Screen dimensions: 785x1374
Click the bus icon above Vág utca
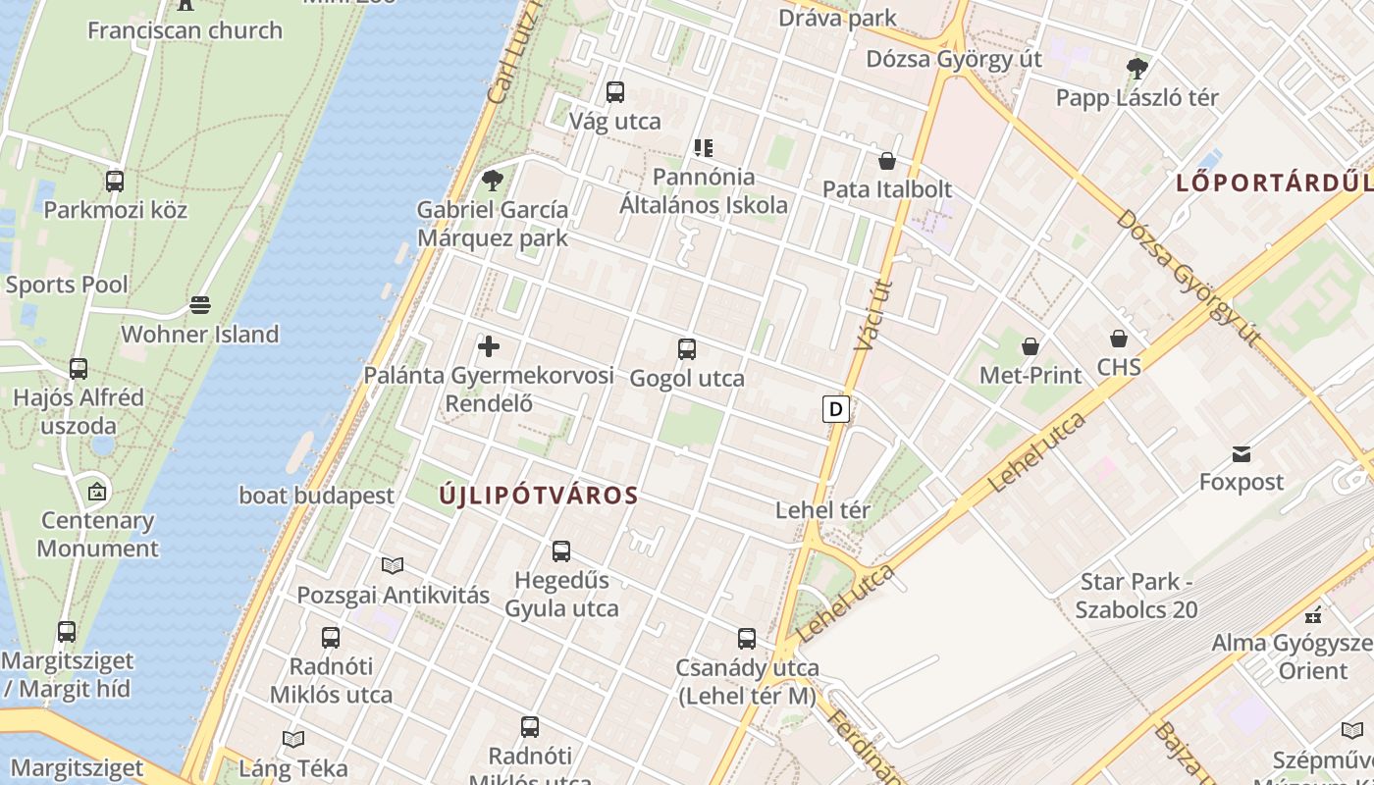[x=615, y=92]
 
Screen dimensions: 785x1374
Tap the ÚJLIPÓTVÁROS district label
[x=539, y=496]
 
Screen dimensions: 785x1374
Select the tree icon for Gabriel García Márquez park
[x=493, y=180]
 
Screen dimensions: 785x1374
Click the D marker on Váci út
[x=835, y=408]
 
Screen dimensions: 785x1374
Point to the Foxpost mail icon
[x=1242, y=453]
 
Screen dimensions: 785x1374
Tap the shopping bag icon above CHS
[x=1119, y=339]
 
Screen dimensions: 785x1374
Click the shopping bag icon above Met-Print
[x=1030, y=345]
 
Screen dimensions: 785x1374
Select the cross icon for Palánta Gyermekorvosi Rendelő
[x=489, y=346]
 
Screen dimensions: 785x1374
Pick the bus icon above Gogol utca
[x=687, y=349]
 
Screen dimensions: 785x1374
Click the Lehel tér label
[x=822, y=510]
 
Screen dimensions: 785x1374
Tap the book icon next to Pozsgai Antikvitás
[x=393, y=565]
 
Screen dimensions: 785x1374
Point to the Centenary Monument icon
[x=97, y=492]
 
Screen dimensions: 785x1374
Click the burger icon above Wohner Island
[x=200, y=305]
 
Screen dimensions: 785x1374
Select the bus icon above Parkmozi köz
[x=115, y=182]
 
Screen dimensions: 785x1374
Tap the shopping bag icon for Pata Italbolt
[x=887, y=161]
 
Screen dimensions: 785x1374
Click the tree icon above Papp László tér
[x=1137, y=69]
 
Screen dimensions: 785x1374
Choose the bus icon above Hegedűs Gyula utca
[x=561, y=551]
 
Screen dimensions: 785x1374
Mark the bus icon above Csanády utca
[x=747, y=639]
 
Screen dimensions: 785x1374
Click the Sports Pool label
[x=67, y=285]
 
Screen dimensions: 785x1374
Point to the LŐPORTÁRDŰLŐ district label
[x=1274, y=183]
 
